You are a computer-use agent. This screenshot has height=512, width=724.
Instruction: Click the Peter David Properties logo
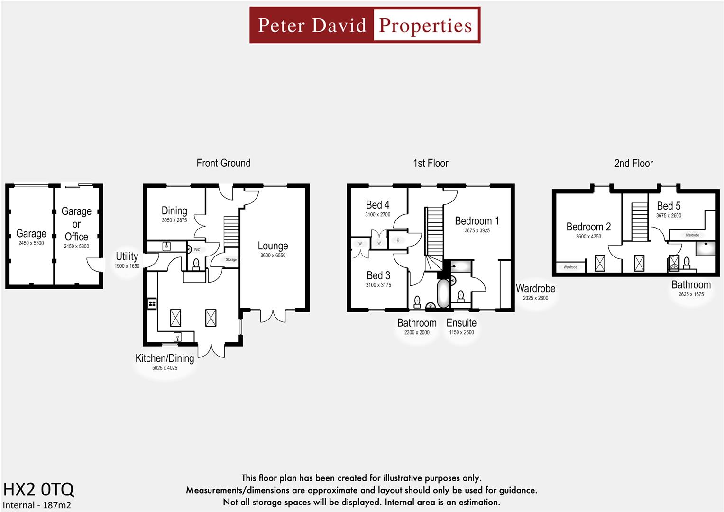pyautogui.click(x=365, y=25)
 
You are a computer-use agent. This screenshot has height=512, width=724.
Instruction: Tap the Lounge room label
pyautogui.click(x=273, y=246)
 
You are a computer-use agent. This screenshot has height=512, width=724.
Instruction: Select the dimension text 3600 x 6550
pyautogui.click(x=273, y=256)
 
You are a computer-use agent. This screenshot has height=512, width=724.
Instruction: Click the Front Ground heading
pyautogui.click(x=223, y=163)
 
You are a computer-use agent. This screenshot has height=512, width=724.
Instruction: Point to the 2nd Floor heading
pyautogui.click(x=633, y=164)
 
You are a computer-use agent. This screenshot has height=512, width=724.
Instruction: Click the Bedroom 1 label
pyautogui.click(x=477, y=221)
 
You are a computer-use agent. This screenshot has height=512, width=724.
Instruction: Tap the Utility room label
pyautogui.click(x=127, y=256)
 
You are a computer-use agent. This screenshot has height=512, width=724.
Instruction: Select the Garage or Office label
pyautogui.click(x=76, y=224)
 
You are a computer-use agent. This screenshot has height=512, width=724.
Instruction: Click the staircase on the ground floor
pyautogui.click(x=231, y=231)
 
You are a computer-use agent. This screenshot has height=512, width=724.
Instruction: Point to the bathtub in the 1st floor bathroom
pyautogui.click(x=443, y=293)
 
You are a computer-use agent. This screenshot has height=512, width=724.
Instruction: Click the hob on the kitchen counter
pyautogui.click(x=152, y=303)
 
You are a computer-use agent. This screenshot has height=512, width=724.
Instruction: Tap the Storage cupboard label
pyautogui.click(x=231, y=260)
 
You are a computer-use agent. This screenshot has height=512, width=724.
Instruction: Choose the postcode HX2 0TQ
pyautogui.click(x=38, y=489)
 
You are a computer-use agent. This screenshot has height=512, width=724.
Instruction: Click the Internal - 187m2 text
pyautogui.click(x=37, y=505)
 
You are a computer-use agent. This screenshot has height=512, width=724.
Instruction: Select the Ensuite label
pyautogui.click(x=461, y=323)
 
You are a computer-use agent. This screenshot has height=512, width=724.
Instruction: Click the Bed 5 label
pyautogui.click(x=669, y=206)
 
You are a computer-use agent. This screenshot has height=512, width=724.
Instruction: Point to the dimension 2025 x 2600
pyautogui.click(x=535, y=298)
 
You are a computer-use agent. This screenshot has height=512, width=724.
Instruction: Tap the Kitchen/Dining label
pyautogui.click(x=165, y=358)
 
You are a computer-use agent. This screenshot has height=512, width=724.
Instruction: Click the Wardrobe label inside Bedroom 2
pyautogui.click(x=570, y=267)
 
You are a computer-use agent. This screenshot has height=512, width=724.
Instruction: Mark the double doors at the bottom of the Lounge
pyautogui.click(x=273, y=316)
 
